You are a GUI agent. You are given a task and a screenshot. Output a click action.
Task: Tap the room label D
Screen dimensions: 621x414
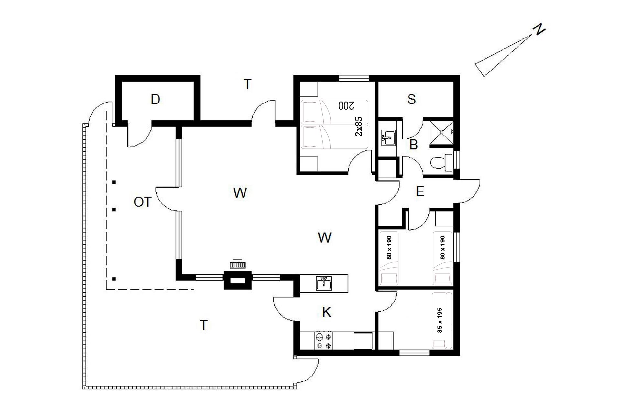click(155, 99)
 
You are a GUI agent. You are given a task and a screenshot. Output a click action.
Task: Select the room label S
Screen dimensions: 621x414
click(411, 99)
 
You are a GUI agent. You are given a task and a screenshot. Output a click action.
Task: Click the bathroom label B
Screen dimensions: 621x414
click(413, 145)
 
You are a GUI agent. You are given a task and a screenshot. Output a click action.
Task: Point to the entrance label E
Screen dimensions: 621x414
click(420, 192)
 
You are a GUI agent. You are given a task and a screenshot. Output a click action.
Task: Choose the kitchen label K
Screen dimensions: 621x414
click(327, 312)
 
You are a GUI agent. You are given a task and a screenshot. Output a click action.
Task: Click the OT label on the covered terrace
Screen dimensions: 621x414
click(143, 202)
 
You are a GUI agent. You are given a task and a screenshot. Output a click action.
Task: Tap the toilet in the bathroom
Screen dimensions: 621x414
click(442, 163)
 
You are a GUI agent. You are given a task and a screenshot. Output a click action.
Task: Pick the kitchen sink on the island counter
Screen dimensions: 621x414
click(324, 283)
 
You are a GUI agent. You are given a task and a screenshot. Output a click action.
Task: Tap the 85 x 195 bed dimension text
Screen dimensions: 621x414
click(440, 320)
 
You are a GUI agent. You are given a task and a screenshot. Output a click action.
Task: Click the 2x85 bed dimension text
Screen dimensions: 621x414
click(359, 126)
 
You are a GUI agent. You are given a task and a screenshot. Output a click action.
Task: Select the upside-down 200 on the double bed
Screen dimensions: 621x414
click(346, 105)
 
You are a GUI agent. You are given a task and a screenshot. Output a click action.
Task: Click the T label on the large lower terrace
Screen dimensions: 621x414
click(204, 325)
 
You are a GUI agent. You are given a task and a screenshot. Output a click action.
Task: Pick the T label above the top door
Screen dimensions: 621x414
click(247, 84)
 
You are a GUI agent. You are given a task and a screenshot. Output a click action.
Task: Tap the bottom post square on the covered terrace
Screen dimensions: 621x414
click(114, 278)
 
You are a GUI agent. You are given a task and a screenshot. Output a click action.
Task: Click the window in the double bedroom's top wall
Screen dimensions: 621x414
click(354, 78)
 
